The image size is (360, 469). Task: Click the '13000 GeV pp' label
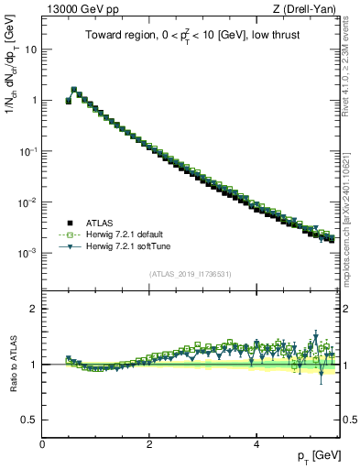click(x=77, y=8)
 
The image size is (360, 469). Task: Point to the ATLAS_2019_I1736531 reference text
click(x=189, y=274)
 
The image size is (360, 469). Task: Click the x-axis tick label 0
click(x=42, y=444)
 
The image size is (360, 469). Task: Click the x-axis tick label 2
click(x=149, y=444)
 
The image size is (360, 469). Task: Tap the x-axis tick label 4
click(x=256, y=444)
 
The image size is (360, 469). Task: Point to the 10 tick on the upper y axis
click(x=30, y=49)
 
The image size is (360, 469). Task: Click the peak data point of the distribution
click(x=73, y=90)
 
